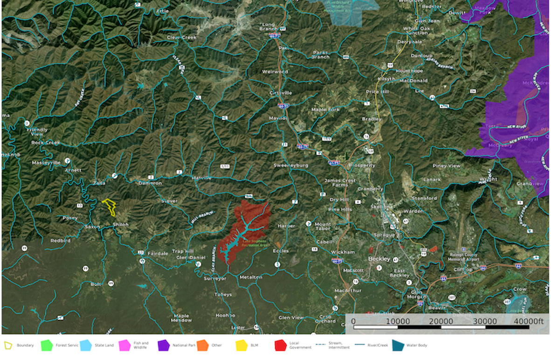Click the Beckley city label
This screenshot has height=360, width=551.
click(x=379, y=259)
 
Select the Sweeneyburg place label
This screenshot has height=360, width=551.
click(x=290, y=166)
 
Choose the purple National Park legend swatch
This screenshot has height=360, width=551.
click(x=163, y=346)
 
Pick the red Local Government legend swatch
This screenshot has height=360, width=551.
click(x=280, y=346)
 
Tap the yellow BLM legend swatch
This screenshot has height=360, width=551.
click(x=241, y=346)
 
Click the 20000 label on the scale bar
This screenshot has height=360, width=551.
click(x=441, y=321)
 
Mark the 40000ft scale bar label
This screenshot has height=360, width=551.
click(x=528, y=321)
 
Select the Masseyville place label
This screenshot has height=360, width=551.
click(x=46, y=163)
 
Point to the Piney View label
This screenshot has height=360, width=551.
click(x=446, y=166)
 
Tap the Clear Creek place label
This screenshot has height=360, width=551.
click(x=182, y=37)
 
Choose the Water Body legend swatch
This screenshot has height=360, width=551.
click(x=398, y=346)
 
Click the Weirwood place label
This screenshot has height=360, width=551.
click(x=275, y=72)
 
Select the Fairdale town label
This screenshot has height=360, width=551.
click(x=158, y=253)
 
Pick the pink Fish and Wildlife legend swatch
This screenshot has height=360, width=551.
click(x=124, y=346)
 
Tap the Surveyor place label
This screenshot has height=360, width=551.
click(x=215, y=278)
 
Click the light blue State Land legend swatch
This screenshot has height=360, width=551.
click(x=85, y=346)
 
